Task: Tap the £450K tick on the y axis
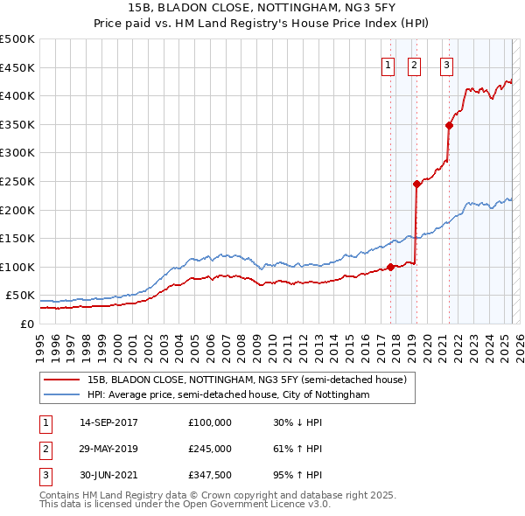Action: (x=17, y=67)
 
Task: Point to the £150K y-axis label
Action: (x=17, y=238)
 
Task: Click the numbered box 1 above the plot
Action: (x=387, y=64)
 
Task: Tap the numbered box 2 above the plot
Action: (x=413, y=64)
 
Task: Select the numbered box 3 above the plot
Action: (x=446, y=64)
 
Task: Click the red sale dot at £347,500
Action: (x=449, y=125)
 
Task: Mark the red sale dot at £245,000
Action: (x=416, y=184)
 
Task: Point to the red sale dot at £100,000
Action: (x=390, y=267)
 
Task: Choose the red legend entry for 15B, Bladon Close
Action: (x=247, y=380)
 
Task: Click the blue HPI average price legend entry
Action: (x=228, y=395)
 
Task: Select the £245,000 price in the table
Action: (x=210, y=449)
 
